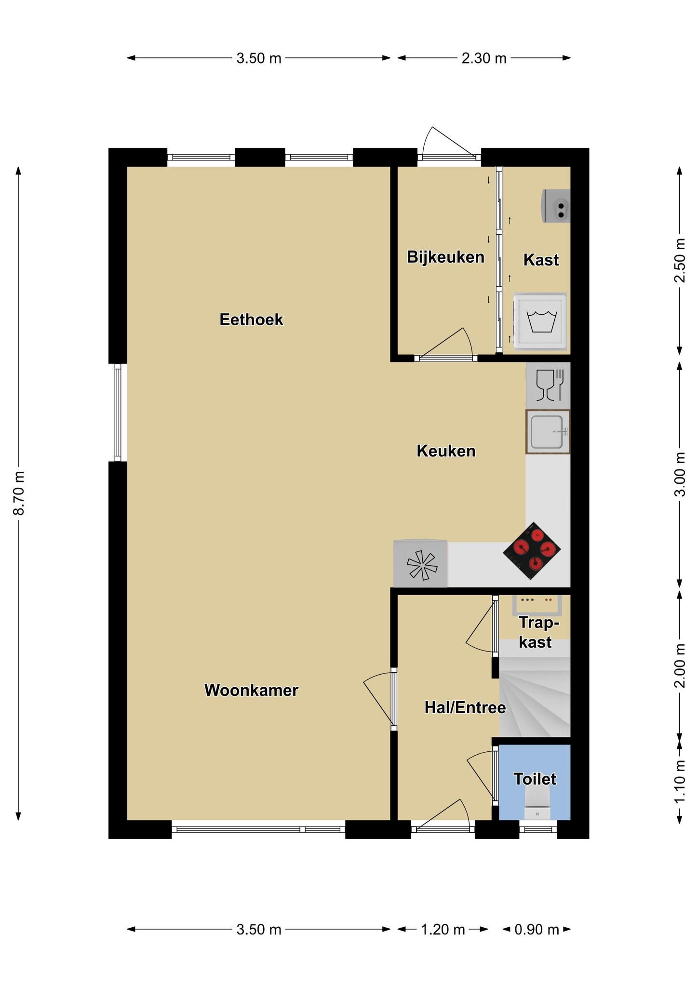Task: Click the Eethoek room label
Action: tap(251, 320)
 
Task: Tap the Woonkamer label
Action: tap(251, 690)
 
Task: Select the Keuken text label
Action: tap(446, 451)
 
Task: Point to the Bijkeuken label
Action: tap(445, 257)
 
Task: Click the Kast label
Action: tap(541, 260)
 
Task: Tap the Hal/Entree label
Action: tap(465, 707)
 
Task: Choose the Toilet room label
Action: tap(535, 779)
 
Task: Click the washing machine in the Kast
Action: tap(540, 321)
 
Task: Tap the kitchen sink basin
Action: tap(548, 431)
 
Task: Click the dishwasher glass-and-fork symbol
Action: tap(549, 385)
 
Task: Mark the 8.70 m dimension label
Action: tap(19, 493)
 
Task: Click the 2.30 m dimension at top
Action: tap(484, 58)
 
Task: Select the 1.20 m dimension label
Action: tap(443, 929)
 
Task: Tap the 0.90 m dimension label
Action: tap(537, 929)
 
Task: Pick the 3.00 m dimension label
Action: tap(680, 474)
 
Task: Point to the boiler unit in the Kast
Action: tap(556, 206)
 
